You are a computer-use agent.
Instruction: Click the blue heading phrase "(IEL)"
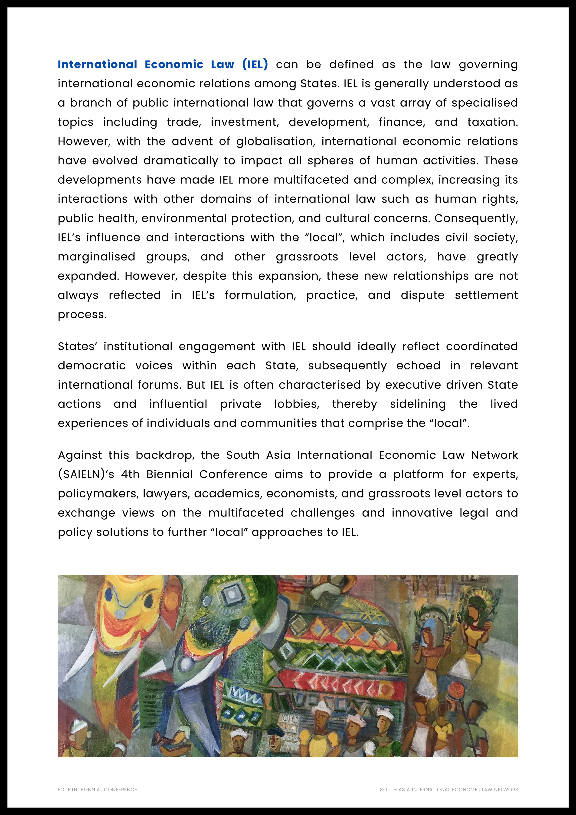tap(255, 65)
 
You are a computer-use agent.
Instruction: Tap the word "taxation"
tap(492, 122)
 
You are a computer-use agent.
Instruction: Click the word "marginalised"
tap(97, 257)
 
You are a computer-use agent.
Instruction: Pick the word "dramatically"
tap(181, 161)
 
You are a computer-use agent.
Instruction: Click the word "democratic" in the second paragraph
tap(92, 366)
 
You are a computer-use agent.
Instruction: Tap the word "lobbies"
tap(297, 404)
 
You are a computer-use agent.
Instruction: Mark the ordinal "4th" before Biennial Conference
tap(130, 474)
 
